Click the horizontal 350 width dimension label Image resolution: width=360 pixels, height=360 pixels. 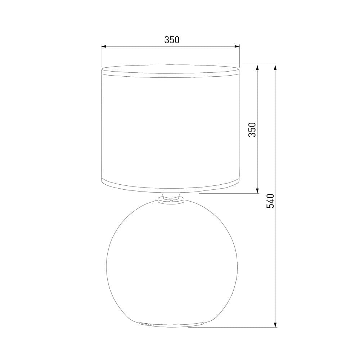pyautogui.click(x=172, y=40)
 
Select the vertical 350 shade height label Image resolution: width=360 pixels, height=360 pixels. pyautogui.click(x=252, y=130)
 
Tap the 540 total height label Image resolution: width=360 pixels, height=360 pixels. pyautogui.click(x=270, y=201)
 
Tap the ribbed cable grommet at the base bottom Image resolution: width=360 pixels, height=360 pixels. pyautogui.click(x=147, y=324)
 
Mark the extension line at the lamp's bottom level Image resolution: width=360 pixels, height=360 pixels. pyautogui.click(x=234, y=328)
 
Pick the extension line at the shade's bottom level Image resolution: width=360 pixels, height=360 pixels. pyautogui.click(x=230, y=193)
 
